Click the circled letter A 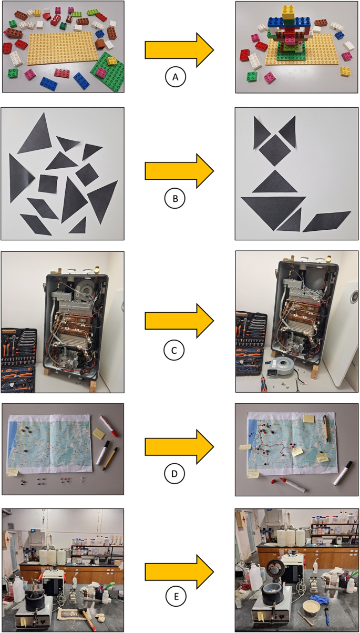pos(175,78)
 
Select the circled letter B pos(175,199)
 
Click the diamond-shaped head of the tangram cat pos(274,149)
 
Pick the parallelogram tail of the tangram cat pos(326,221)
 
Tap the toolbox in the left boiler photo pos(18,361)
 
